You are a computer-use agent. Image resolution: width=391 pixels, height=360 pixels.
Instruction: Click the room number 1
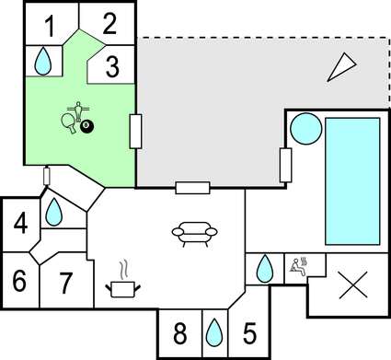click(50, 25)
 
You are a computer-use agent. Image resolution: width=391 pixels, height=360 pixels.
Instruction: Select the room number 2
click(110, 24)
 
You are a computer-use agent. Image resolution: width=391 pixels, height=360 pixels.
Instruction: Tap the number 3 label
click(111, 66)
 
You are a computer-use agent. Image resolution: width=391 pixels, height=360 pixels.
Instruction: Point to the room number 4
click(19, 223)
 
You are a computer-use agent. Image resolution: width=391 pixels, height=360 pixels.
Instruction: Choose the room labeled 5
click(249, 332)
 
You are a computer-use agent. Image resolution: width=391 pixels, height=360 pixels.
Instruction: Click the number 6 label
click(19, 282)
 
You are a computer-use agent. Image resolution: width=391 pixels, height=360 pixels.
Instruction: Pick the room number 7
click(66, 283)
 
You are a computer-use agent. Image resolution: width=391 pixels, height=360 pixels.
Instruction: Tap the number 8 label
click(179, 332)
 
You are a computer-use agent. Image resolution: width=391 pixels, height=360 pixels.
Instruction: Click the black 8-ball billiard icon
click(86, 125)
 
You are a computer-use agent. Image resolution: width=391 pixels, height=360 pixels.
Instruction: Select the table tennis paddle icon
click(68, 122)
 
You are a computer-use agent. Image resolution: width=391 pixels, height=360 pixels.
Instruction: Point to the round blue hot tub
click(304, 128)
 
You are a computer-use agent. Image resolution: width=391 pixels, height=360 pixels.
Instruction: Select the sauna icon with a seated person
click(299, 267)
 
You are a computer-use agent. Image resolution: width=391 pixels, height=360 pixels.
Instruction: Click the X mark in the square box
click(350, 285)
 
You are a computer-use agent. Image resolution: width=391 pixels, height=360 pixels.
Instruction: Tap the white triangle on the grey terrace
click(343, 65)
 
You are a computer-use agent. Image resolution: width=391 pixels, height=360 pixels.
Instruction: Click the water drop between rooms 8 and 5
click(214, 331)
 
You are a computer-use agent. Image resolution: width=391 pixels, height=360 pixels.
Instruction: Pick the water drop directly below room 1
click(42, 62)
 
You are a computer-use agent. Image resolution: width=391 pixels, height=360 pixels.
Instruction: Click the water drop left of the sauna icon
click(265, 269)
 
